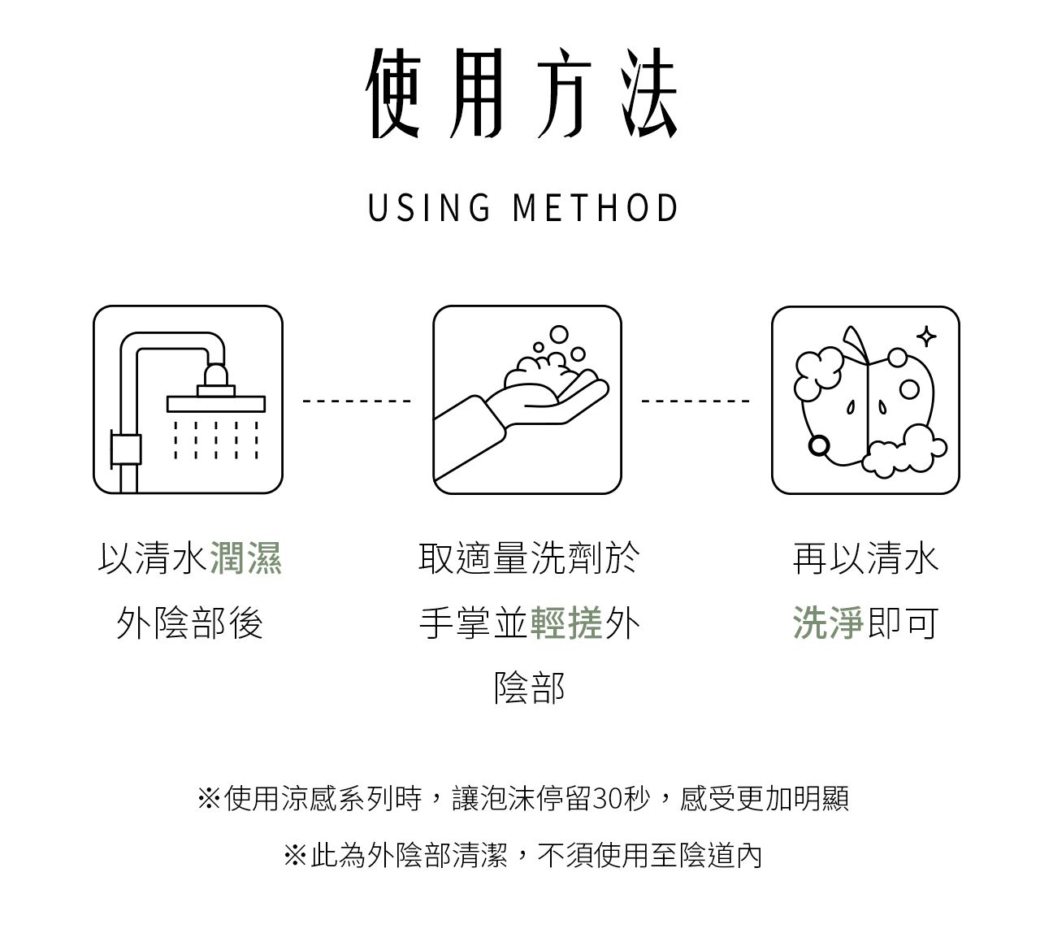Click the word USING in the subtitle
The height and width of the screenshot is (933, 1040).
click(x=429, y=208)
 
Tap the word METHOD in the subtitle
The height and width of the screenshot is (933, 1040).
click(x=596, y=208)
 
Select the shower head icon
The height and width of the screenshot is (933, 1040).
click(x=188, y=400)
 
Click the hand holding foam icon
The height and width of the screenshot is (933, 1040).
click(x=526, y=400)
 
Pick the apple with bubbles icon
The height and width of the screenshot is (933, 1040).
click(x=865, y=400)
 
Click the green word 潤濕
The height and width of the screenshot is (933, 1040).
click(x=246, y=558)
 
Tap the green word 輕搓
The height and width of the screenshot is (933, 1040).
click(x=566, y=623)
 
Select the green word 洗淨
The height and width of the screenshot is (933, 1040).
click(x=828, y=623)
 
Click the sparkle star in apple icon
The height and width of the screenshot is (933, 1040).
click(x=925, y=336)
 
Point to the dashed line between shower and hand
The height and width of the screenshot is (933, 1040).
click(x=357, y=401)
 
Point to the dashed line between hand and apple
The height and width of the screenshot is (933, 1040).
click(x=695, y=401)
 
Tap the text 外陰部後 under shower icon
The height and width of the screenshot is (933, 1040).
click(x=189, y=623)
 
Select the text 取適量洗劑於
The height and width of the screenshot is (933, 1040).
click(x=529, y=558)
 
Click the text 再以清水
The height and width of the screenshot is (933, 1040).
click(x=865, y=558)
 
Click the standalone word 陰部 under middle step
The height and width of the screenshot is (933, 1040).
click(x=529, y=688)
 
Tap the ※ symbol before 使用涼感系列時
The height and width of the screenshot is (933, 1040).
click(x=209, y=799)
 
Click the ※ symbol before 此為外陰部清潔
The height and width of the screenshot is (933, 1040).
click(x=295, y=855)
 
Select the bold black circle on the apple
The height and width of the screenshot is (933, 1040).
click(x=819, y=445)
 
